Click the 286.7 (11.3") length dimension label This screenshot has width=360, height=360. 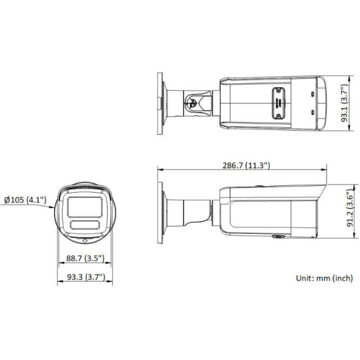(243, 165)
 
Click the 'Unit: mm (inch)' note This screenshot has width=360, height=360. (323, 279)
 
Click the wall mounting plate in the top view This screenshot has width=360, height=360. (161, 101)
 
